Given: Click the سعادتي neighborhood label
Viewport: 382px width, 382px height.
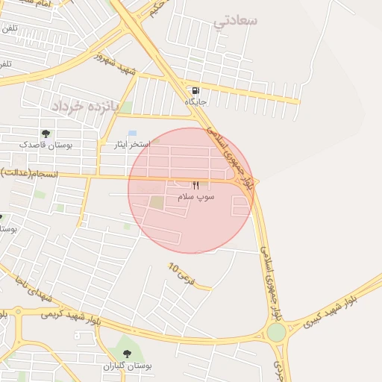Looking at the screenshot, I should (235, 20).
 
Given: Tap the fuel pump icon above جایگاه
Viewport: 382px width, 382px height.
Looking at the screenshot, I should (195, 90).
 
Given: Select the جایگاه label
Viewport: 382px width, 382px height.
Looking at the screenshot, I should (195, 101).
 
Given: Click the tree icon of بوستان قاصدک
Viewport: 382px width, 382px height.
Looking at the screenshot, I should (46, 134).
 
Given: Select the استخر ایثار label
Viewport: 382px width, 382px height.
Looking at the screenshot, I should (131, 144).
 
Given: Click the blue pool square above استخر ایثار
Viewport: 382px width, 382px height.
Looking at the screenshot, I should (132, 134).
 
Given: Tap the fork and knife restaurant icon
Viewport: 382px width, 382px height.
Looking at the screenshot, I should (196, 185).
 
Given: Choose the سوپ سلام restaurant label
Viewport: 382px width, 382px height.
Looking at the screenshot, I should (196, 196).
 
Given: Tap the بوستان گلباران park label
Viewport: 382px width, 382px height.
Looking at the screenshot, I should (127, 366).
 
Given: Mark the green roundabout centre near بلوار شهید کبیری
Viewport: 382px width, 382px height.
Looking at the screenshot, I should (277, 333).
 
